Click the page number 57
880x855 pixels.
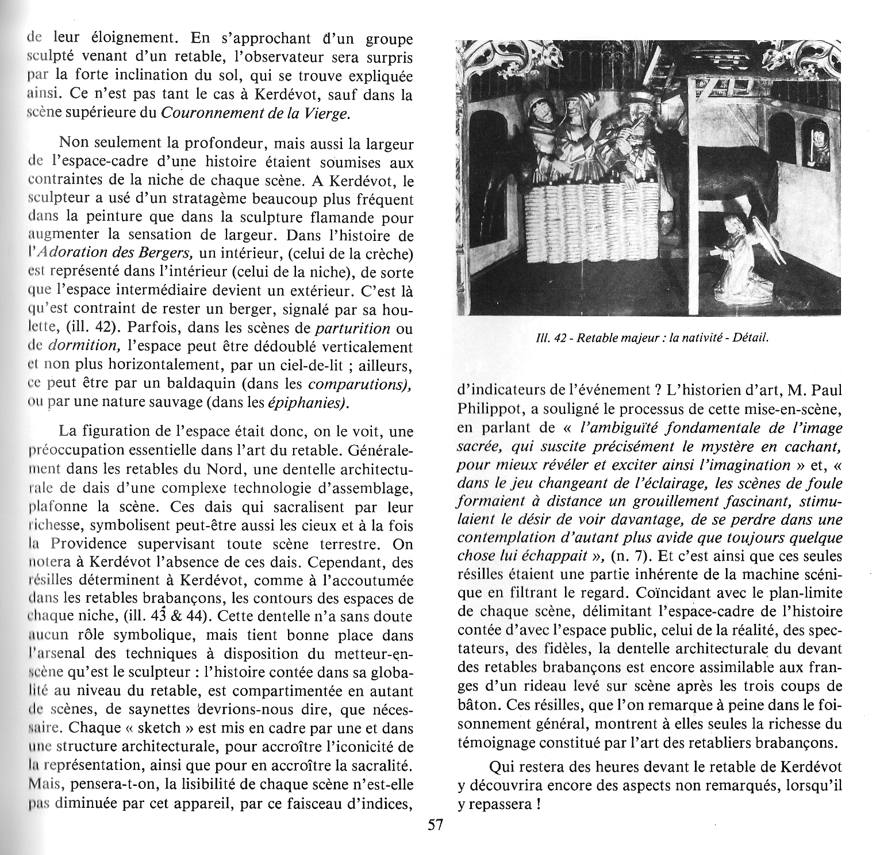pyautogui.click(x=435, y=825)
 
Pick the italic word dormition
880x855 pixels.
pyautogui.click(x=83, y=347)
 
